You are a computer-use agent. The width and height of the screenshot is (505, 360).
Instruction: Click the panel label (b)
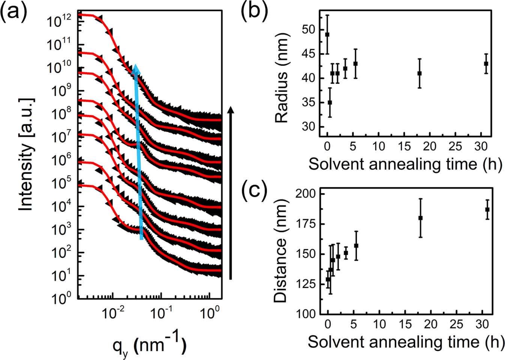254,11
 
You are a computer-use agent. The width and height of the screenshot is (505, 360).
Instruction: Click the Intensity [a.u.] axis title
26,155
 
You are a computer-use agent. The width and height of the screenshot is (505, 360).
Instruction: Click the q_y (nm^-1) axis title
149,345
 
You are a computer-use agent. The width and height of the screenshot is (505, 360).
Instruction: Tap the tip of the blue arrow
136,65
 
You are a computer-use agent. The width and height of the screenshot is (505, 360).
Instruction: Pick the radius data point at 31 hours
486,64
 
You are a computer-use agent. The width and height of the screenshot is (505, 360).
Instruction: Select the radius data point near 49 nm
327,35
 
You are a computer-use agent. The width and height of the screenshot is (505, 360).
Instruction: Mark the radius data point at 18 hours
419,74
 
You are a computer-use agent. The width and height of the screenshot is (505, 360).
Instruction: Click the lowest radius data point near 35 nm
330,102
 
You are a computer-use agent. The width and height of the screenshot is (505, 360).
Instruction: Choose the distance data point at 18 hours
420,218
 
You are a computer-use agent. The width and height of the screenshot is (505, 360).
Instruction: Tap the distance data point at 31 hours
487,209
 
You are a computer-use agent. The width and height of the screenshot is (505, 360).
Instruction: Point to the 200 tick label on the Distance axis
306,193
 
